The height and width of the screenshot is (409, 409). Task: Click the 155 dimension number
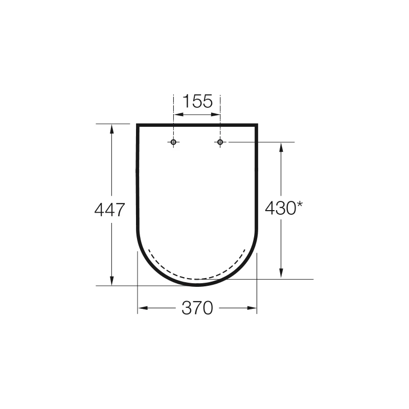point(197,101)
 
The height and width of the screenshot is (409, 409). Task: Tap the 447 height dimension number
point(110,210)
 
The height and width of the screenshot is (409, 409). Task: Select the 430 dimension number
point(280,209)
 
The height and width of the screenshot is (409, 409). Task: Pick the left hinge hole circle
point(174,142)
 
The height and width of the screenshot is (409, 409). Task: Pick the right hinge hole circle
point(220,142)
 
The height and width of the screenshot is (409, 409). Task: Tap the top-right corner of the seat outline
point(257,125)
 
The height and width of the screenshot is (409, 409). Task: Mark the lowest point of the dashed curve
point(197,279)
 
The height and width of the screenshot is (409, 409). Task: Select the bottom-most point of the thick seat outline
point(197,285)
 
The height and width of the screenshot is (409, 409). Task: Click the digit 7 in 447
point(120,210)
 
